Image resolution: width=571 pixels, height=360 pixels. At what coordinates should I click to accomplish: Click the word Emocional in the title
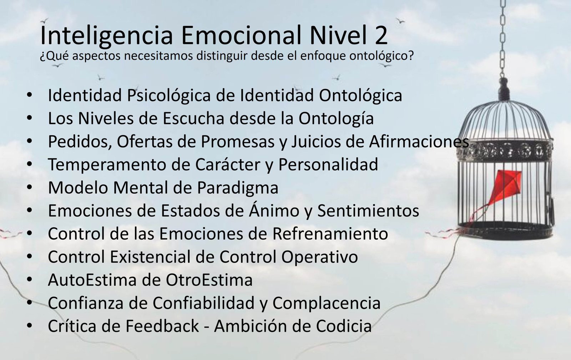[241, 35]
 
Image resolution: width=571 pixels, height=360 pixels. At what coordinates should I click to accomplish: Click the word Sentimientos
[368, 211]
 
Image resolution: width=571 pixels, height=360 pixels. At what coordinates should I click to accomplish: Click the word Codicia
[344, 326]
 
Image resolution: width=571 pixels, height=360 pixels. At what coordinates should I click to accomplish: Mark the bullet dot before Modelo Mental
[29, 188]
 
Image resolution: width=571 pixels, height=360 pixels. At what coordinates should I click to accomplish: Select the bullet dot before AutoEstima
[29, 279]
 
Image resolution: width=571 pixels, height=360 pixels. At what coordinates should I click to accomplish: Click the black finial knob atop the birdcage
[504, 89]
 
